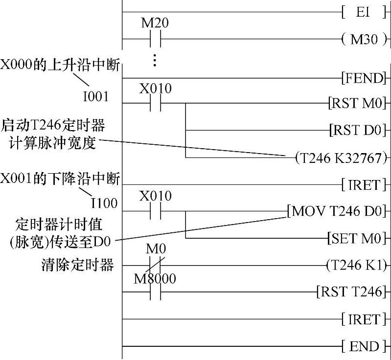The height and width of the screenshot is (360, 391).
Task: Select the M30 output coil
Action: [365, 39]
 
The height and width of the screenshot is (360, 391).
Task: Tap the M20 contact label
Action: [155, 23]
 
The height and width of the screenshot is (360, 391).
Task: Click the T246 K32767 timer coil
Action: [342, 157]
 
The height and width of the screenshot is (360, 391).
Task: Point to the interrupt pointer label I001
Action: [95, 97]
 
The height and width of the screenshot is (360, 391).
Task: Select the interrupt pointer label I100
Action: [104, 202]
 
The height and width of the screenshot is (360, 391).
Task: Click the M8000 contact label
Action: [155, 278]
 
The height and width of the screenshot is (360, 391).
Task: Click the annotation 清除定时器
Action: [78, 266]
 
